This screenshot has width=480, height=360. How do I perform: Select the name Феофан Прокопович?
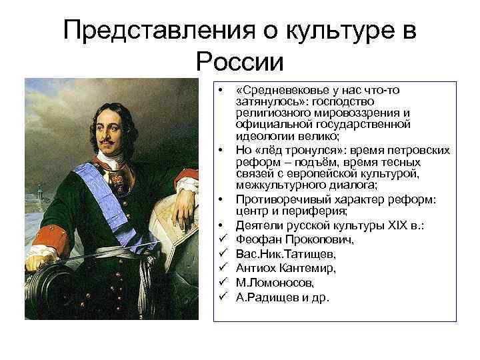point(289,239)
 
